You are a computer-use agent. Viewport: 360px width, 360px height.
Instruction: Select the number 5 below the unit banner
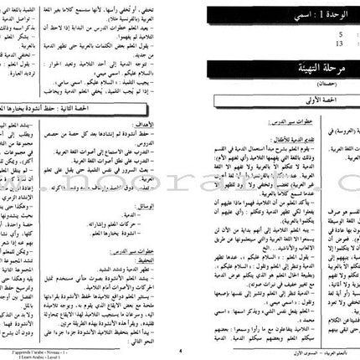(x=221, y=36)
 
